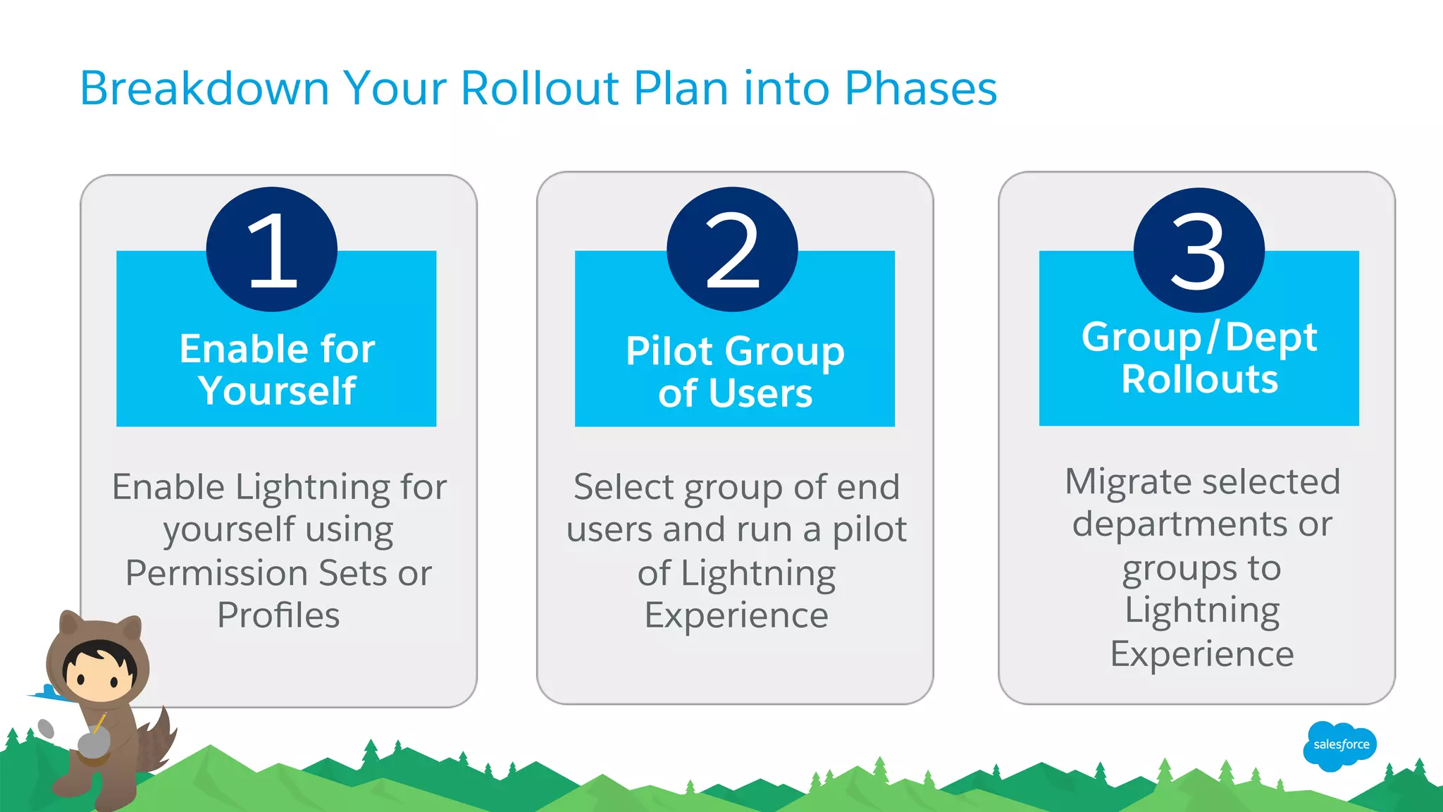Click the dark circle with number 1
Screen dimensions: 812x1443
(272, 249)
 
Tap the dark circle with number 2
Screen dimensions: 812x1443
(732, 249)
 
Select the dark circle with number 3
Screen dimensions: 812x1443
(1199, 250)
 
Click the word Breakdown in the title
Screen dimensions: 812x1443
(204, 89)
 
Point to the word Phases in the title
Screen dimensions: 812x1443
(920, 89)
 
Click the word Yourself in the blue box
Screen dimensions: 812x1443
(277, 391)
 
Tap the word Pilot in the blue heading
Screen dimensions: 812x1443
(669, 351)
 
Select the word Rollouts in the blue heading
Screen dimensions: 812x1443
(1199, 379)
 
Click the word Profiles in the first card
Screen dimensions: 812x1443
(278, 615)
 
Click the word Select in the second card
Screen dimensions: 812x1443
(624, 487)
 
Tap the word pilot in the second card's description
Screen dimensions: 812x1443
(869, 530)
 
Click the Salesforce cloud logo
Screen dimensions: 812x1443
(1339, 745)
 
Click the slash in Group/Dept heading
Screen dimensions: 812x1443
(1213, 337)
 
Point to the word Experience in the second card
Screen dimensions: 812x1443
(736, 615)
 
